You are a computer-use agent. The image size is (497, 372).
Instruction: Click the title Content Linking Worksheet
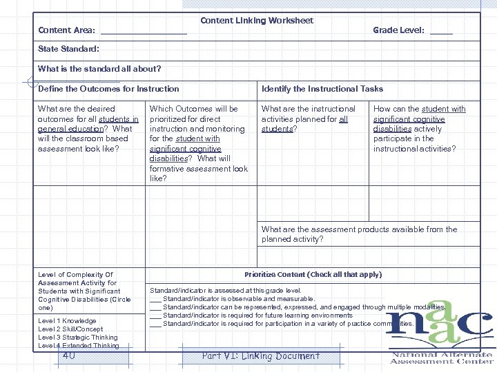[x=257, y=21]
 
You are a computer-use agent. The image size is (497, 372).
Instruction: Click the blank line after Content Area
[x=144, y=32]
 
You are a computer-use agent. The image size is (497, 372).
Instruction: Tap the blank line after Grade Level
[x=441, y=32]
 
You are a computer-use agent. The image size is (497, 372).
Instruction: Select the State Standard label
[x=68, y=50]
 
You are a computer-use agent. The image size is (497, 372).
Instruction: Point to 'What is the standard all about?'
[x=99, y=69]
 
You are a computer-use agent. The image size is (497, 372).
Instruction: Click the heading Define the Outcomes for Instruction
[x=108, y=89]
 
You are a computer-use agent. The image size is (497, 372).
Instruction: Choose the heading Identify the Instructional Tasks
[x=322, y=89]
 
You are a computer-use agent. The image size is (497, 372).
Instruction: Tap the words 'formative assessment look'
[x=199, y=169]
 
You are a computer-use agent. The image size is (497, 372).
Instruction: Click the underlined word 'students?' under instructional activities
[x=279, y=129]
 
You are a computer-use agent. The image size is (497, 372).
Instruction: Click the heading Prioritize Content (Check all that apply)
[x=313, y=274]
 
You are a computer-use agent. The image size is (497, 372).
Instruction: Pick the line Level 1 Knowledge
[x=67, y=321]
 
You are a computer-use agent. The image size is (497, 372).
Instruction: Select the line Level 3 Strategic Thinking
[x=77, y=338]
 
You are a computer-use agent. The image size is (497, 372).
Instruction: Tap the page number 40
[x=68, y=356]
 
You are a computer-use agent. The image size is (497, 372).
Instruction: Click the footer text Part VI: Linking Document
[x=260, y=356]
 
